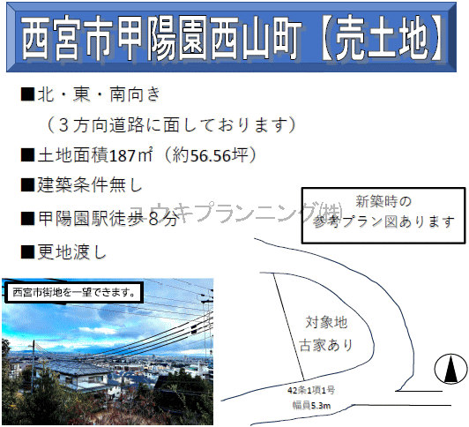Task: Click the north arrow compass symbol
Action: coord(450,369)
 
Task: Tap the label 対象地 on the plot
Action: coord(326,322)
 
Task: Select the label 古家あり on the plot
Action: coord(326,345)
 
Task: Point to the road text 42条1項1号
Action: coord(311,390)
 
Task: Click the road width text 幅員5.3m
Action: coord(311,406)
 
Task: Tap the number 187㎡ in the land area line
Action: coord(131,155)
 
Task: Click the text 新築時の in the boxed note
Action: coord(383,201)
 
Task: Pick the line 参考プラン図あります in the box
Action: coord(383,222)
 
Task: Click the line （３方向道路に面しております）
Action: coord(171,124)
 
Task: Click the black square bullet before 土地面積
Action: coord(28,155)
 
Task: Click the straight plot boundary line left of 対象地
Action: coord(289,326)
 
